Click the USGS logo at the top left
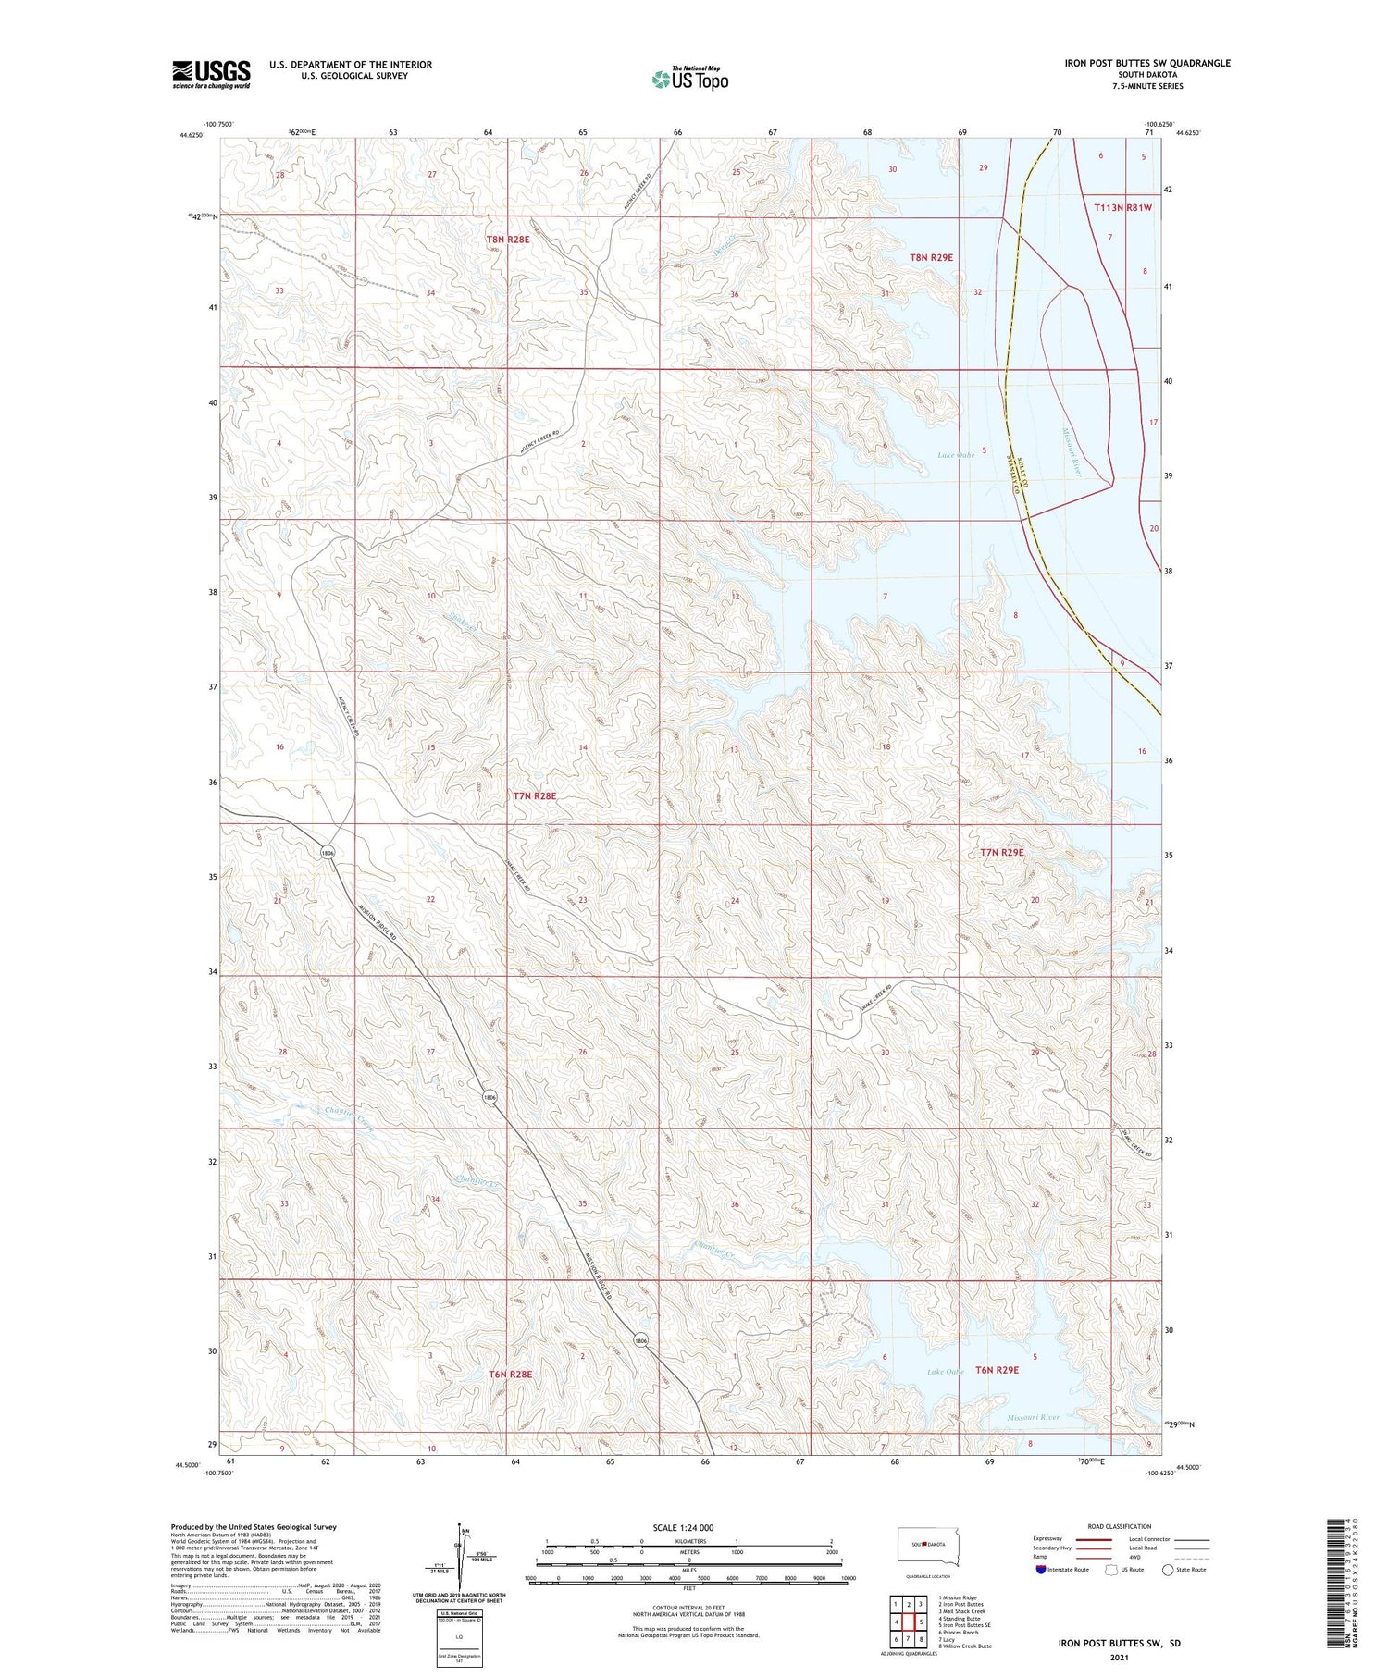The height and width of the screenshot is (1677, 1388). click(x=211, y=74)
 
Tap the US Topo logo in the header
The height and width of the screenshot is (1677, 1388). click(x=690, y=80)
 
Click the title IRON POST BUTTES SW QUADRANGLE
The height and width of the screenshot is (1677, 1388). click(x=1148, y=63)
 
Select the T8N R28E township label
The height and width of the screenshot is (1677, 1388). click(x=508, y=240)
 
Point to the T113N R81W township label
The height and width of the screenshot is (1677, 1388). click(x=1122, y=208)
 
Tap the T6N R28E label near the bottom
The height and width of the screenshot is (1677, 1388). click(x=510, y=1375)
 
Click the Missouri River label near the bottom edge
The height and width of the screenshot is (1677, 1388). click(x=1034, y=1417)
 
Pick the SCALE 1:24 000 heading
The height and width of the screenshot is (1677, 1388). click(x=683, y=1527)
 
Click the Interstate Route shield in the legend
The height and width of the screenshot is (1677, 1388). click(x=1042, y=1570)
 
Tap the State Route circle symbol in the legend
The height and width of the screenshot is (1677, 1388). click(x=1168, y=1570)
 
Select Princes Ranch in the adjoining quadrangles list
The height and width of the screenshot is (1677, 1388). click(x=958, y=1633)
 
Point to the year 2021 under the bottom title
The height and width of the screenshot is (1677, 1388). click(x=1120, y=1659)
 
